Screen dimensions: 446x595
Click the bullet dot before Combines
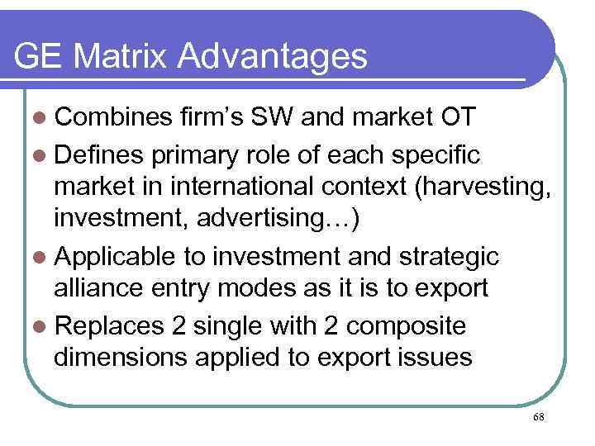38,118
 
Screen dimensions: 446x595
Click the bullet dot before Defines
38,154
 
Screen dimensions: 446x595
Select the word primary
203,154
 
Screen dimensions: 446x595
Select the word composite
406,327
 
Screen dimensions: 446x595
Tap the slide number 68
539,418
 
